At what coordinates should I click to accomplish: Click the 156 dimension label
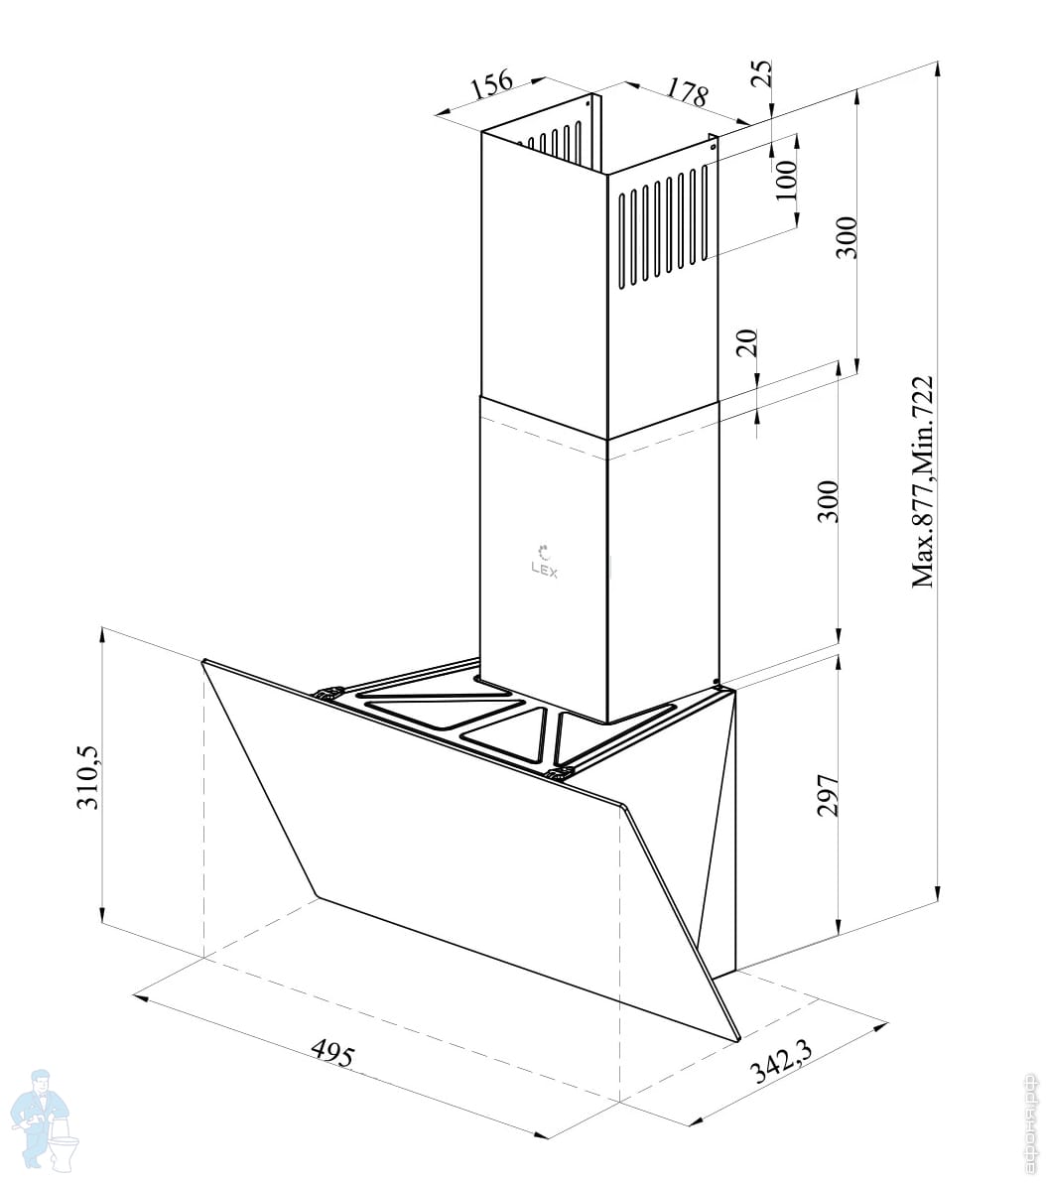coord(491,82)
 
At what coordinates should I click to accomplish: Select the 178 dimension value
coord(686,93)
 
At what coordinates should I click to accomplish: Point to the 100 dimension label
coord(786,180)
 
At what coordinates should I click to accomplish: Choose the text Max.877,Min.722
coord(925,481)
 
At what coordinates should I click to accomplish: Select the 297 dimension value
coord(829,794)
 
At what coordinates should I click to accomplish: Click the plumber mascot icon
coord(46,1117)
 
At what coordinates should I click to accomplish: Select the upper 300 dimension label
coord(845,236)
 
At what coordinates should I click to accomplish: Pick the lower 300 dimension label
coord(829,501)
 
